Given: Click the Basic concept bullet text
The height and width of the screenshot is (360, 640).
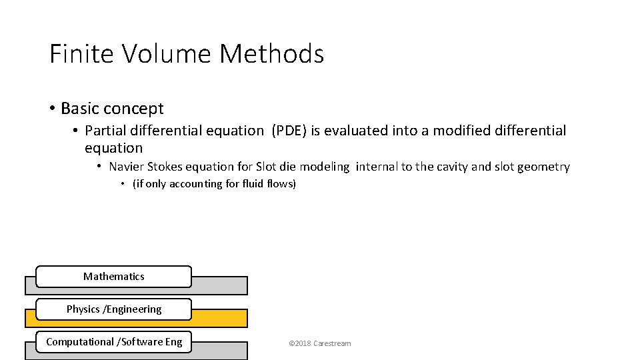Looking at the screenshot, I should click(112, 108).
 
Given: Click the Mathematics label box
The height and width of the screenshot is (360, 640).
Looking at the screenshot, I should click(113, 276).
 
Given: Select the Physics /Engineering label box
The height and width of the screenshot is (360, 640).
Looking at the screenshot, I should click(113, 309).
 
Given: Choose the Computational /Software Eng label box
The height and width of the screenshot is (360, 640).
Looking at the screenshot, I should click(113, 342).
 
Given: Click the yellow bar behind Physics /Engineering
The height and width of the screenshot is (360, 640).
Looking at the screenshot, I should click(220, 318).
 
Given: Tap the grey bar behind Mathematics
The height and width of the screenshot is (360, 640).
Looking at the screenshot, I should click(220, 285).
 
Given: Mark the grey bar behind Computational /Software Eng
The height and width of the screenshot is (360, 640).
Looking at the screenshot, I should click(220, 351).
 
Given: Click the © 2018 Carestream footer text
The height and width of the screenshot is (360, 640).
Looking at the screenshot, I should click(319, 343).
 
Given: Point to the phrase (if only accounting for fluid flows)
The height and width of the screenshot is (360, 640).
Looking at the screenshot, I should click(214, 184).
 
